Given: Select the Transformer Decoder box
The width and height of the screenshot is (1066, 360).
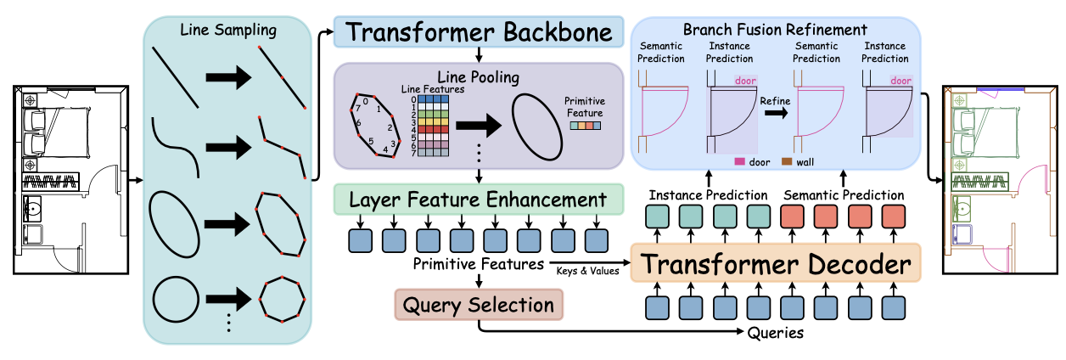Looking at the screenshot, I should coord(775,265).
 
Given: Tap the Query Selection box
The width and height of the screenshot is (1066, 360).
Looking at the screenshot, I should coord(480,305).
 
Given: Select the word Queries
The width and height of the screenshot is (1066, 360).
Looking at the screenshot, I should coord(775,334).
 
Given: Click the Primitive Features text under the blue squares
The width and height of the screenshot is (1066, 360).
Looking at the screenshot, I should coord(479,264).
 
